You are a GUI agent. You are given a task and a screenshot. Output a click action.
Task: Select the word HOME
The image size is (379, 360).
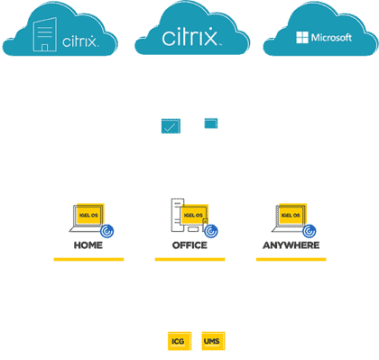[88, 245]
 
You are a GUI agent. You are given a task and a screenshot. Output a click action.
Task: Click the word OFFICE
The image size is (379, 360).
[189, 245]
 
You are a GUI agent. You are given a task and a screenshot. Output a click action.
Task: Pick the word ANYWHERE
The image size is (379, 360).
[291, 245]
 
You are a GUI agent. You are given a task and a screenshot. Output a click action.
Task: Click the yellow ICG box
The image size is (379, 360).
[177, 342]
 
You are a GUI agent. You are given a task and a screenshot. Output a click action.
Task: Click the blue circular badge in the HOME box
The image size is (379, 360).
[109, 230]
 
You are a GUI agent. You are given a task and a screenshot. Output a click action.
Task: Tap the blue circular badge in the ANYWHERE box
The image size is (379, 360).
[311, 230]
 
